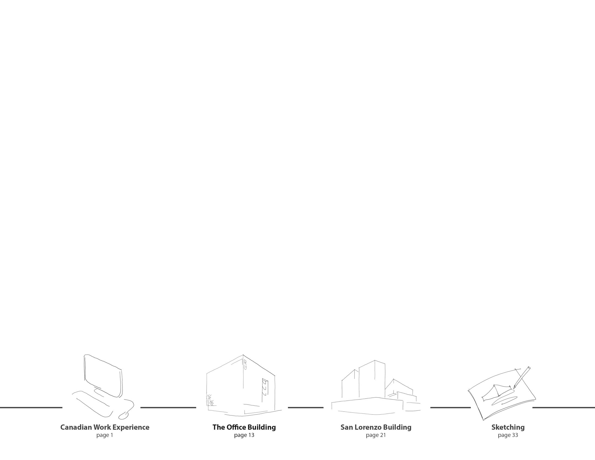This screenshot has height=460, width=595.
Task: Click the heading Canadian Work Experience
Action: [x=105, y=427]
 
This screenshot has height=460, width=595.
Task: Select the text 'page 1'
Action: [x=105, y=435]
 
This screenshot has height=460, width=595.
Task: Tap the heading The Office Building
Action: [x=244, y=427]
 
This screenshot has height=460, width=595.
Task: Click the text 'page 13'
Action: [x=244, y=435]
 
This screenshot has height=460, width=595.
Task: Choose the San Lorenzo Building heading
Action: [x=376, y=427]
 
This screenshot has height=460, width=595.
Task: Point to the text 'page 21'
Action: [x=376, y=435]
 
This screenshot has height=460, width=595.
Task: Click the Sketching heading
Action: [x=508, y=427]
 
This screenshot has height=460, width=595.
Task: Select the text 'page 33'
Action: [x=508, y=435]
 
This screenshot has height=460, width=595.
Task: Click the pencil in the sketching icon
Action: [x=521, y=378]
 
